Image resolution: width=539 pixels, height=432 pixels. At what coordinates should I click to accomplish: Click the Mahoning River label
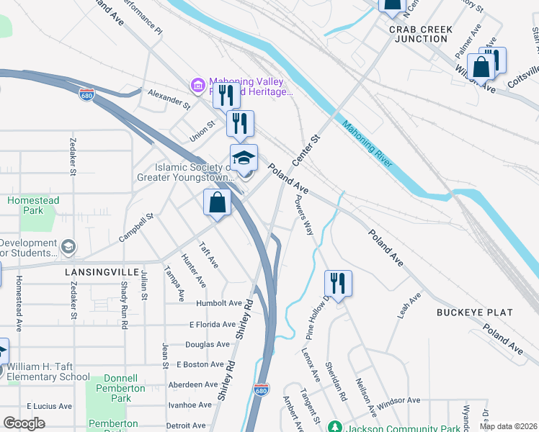click(367, 143)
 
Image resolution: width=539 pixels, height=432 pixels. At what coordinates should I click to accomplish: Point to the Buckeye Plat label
click(475, 312)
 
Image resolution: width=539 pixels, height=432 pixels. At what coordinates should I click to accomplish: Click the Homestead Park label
click(33, 206)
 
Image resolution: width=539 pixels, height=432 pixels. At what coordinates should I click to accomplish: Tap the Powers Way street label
click(305, 217)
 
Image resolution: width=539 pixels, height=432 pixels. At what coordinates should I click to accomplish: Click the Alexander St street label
click(168, 99)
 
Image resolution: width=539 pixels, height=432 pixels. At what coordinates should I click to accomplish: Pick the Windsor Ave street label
click(398, 400)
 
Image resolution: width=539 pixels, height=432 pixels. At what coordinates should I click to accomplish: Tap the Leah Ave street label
click(409, 306)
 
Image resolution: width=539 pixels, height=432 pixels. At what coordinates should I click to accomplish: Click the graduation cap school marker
click(244, 158)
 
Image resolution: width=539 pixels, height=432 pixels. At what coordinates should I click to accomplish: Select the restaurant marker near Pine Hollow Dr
click(338, 283)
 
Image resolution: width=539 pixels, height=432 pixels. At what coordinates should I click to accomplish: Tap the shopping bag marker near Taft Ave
click(217, 203)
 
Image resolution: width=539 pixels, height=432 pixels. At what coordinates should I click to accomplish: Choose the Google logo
click(24, 423)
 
